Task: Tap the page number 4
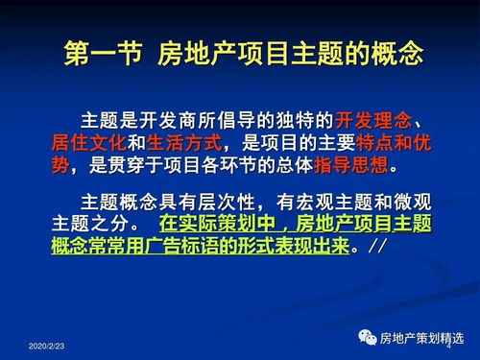pyautogui.click(x=448, y=343)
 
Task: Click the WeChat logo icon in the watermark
pyautogui.click(x=368, y=337)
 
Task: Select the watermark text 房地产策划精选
pyautogui.click(x=422, y=338)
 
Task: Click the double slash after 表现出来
pyautogui.click(x=376, y=245)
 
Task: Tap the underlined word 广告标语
pyautogui.click(x=180, y=245)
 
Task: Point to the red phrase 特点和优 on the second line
pyautogui.click(x=391, y=143)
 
